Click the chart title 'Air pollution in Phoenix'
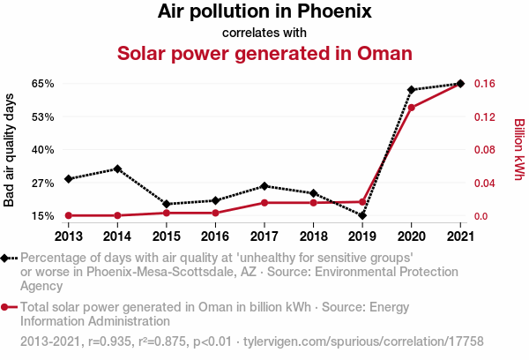click(x=264, y=12)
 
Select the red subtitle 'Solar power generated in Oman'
click(x=264, y=53)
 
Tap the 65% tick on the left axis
click(x=43, y=84)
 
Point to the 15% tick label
click(x=43, y=216)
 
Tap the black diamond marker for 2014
click(x=118, y=169)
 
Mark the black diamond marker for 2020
click(x=411, y=90)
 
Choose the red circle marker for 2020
click(x=411, y=108)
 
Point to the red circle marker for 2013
click(x=69, y=215)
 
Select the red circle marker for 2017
click(x=264, y=203)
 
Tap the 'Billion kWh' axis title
click(x=518, y=149)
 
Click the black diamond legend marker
click(x=8, y=258)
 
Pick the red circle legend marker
click(x=8, y=308)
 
